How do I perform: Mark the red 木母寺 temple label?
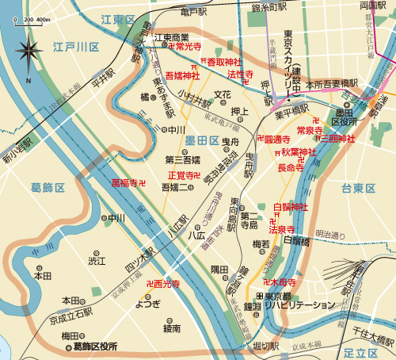[283, 281]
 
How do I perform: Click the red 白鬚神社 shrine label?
[289, 207]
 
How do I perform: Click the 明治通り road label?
[331, 234]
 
